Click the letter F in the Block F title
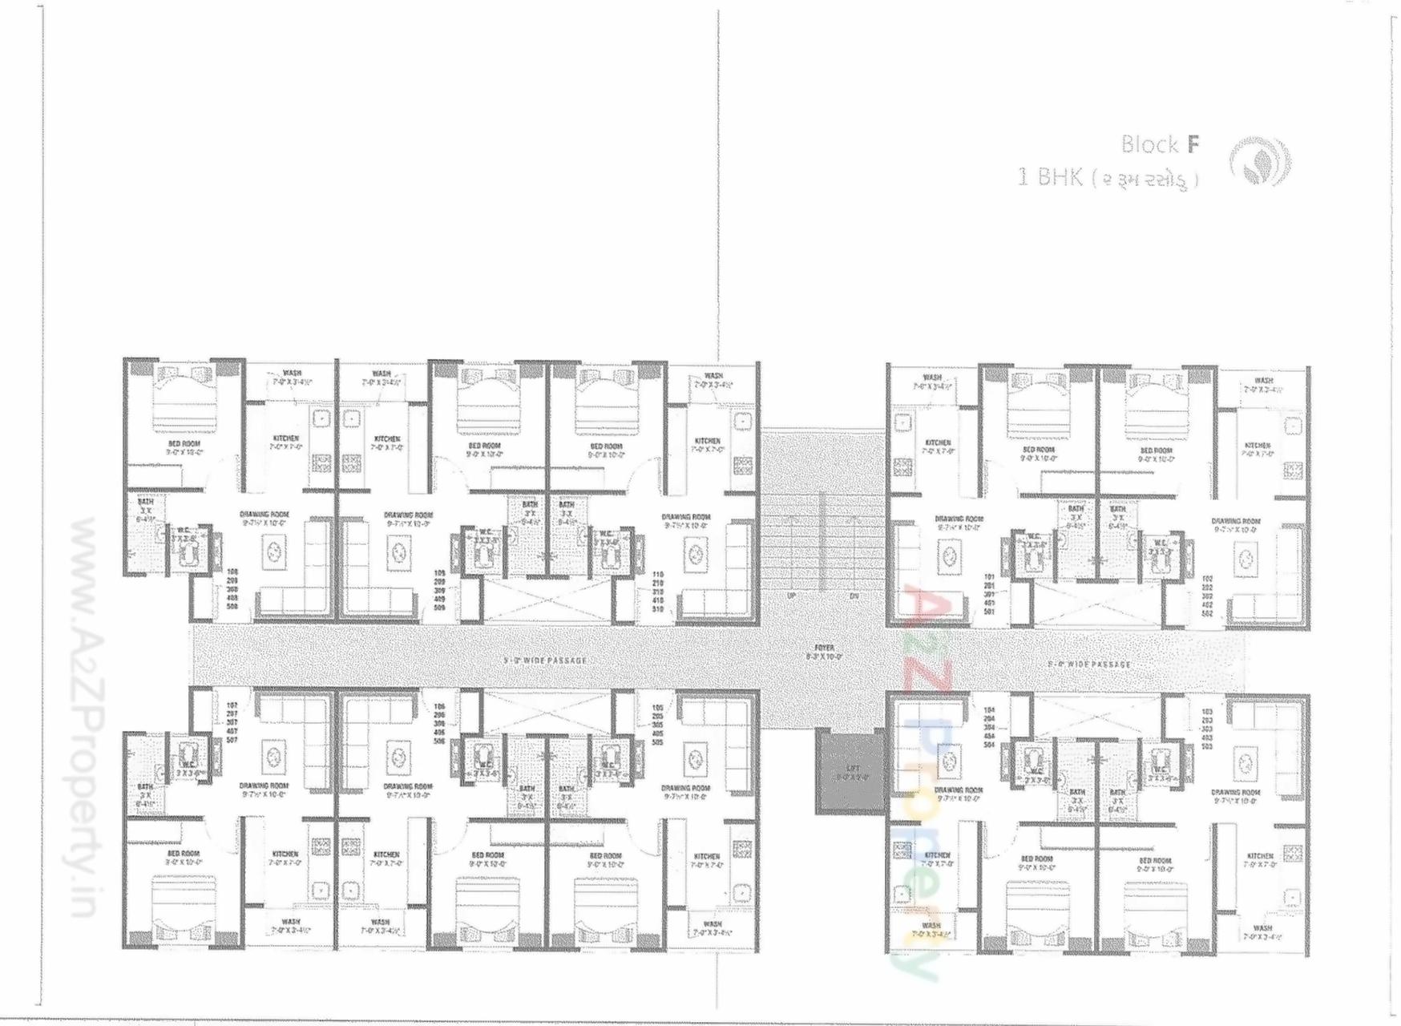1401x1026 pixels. click(1193, 144)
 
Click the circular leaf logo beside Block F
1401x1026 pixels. click(1260, 161)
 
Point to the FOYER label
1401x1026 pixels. click(823, 648)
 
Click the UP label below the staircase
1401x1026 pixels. click(792, 596)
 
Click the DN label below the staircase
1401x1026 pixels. click(854, 596)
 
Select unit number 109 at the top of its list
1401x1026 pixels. click(439, 572)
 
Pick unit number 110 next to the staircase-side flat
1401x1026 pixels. click(658, 575)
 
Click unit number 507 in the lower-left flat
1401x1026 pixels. click(232, 740)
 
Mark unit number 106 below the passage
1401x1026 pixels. click(439, 706)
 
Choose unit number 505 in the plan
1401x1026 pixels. click(658, 742)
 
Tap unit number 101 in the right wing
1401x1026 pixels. click(988, 576)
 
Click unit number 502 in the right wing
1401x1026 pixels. click(1207, 613)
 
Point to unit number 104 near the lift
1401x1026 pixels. click(988, 709)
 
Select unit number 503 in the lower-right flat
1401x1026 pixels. click(1207, 746)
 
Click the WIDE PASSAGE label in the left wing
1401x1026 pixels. click(545, 660)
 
